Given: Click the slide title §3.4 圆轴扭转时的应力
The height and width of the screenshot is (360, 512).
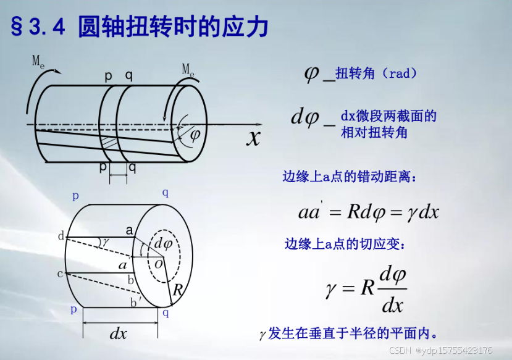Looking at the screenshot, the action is coord(140,27).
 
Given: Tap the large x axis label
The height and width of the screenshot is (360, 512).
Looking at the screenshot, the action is coord(253,137).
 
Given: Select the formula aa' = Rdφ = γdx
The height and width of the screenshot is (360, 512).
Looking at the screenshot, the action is coord(368,212).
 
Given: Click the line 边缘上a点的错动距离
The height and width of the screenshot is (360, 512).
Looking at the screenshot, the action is coord(350,177).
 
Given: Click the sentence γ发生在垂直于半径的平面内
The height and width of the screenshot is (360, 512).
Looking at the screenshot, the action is coord(349,334).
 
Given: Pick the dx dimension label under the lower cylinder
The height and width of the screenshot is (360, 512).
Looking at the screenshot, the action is coord(119,333).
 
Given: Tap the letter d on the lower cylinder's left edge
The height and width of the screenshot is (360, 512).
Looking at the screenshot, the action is coord(61,237).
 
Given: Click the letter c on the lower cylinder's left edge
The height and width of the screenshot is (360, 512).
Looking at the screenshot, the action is coord(60,274).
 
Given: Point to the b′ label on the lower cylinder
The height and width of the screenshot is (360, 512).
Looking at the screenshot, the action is coord(134,302).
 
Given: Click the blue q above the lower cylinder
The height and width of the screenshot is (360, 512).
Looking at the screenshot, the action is coord(166,193).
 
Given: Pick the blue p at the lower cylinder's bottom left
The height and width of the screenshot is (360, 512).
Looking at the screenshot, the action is coord(74,309).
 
